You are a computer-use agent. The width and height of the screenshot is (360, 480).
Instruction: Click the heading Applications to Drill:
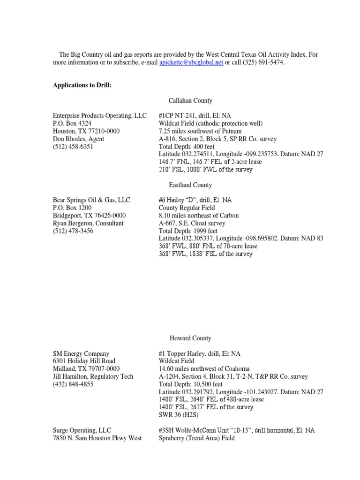click(x=82, y=85)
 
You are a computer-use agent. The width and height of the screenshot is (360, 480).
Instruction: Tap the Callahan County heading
click(x=190, y=100)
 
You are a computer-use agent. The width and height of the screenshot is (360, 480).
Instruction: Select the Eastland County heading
click(x=190, y=185)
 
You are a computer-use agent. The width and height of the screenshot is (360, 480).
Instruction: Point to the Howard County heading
click(x=190, y=338)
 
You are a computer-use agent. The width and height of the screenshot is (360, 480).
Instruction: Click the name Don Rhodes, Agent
click(x=78, y=139)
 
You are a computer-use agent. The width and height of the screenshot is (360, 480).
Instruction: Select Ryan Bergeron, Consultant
click(x=88, y=223)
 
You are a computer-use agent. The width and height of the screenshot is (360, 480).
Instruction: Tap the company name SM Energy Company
click(x=81, y=353)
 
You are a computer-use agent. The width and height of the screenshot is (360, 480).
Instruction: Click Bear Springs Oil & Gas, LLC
click(x=91, y=200)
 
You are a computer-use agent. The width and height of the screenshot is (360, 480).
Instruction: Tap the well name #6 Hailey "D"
click(x=180, y=200)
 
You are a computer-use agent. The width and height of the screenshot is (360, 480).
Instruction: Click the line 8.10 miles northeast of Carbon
click(x=199, y=215)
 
